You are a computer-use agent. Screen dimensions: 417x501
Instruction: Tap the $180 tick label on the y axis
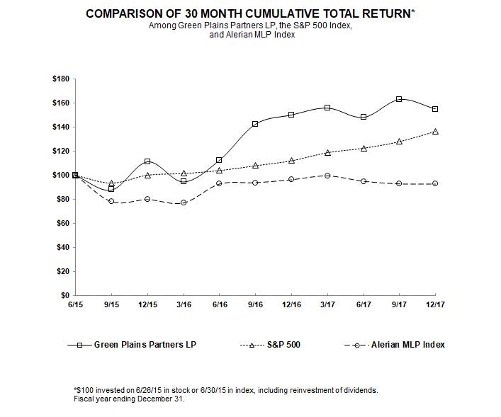pyautogui.click(x=60, y=79)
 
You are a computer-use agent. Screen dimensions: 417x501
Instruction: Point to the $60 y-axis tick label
pyautogui.click(x=62, y=223)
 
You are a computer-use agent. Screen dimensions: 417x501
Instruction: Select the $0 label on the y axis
pyautogui.click(x=65, y=295)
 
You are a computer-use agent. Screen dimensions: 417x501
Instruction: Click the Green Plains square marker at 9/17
pyautogui.click(x=399, y=99)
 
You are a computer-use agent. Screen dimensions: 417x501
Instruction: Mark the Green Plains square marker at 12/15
pyautogui.click(x=147, y=161)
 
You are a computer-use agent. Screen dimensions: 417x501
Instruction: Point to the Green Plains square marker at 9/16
pyautogui.click(x=255, y=124)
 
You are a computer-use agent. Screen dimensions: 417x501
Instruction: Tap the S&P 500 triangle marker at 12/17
pyautogui.click(x=435, y=132)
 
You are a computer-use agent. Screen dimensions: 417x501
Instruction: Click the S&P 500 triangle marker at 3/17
pyautogui.click(x=327, y=152)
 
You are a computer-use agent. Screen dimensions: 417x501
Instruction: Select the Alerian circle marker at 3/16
pyautogui.click(x=184, y=202)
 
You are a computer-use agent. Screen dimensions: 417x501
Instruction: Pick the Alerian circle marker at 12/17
pyautogui.click(x=435, y=183)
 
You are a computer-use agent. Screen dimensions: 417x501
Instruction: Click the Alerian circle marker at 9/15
pyautogui.click(x=111, y=201)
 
